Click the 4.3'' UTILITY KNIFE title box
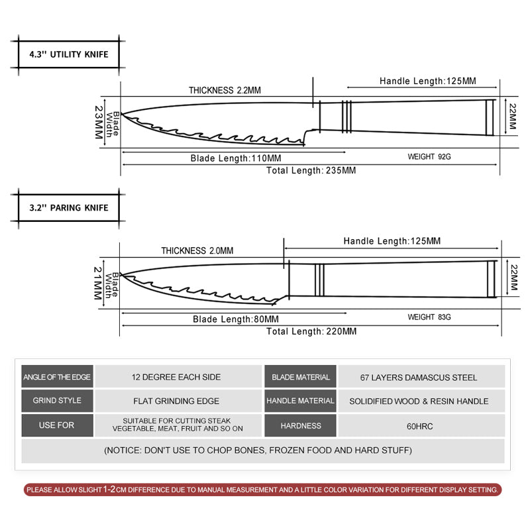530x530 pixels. tap(69, 54)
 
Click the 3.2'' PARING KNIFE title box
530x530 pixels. tap(69, 207)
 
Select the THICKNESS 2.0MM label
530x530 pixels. tap(197, 250)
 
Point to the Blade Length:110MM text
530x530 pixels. tap(236, 158)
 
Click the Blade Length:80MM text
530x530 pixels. tap(236, 319)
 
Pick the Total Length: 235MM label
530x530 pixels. tap(311, 170)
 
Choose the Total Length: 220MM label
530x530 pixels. tap(311, 331)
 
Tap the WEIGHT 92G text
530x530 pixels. tap(429, 158)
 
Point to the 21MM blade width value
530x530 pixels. tap(99, 283)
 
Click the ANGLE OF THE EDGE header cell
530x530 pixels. tap(57, 377)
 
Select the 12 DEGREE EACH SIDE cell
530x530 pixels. tap(176, 377)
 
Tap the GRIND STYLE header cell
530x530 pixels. tap(57, 401)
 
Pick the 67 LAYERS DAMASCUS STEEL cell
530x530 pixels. tap(419, 378)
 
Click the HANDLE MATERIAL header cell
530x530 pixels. tap(300, 401)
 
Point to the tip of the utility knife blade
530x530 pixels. tap(122, 115)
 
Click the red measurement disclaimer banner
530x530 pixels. tap(262, 490)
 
